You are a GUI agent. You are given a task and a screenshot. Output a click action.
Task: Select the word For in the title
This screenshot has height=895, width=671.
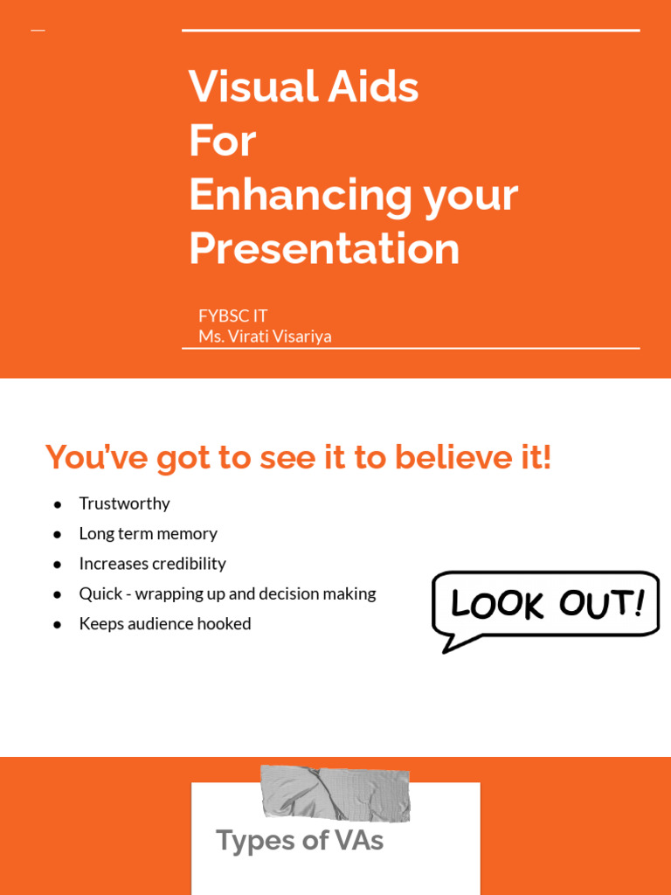click(222, 141)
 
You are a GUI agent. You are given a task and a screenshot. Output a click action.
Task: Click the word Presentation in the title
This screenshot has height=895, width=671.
click(324, 248)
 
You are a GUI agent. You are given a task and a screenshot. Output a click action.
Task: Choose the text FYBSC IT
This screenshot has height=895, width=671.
click(232, 316)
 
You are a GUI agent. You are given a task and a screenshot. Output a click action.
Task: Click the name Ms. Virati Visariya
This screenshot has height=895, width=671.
click(265, 336)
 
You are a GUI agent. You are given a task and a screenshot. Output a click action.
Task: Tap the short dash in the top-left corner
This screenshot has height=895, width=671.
click(38, 31)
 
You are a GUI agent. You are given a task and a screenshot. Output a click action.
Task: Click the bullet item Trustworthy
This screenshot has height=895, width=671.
click(124, 503)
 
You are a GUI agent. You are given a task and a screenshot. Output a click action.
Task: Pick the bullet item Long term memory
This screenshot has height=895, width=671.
click(148, 533)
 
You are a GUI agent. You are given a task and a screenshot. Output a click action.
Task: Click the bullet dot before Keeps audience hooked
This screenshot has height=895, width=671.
click(58, 624)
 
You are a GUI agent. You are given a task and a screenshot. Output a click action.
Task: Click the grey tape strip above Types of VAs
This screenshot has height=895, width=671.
click(335, 793)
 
